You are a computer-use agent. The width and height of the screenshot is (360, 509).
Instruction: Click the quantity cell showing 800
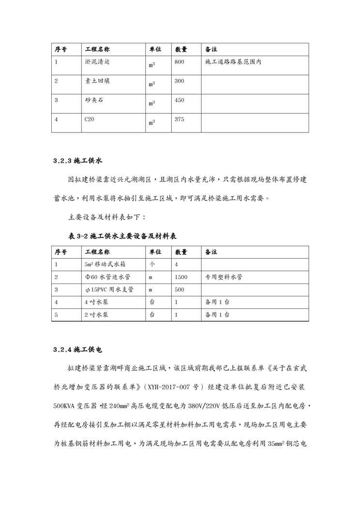180,62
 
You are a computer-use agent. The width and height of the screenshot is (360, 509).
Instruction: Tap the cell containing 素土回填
97,81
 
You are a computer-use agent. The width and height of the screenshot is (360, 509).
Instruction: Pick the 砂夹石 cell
94,100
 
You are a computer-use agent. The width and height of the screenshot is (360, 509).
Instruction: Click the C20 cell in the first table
90,120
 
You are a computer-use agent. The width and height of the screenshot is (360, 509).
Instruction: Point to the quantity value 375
180,120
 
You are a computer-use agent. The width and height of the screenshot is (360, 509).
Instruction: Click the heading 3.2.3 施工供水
78,160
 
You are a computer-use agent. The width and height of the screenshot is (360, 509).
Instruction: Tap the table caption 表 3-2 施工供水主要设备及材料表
122,236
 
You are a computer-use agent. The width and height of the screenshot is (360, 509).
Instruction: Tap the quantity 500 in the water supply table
180,290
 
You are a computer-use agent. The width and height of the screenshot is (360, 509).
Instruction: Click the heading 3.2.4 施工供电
78,349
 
